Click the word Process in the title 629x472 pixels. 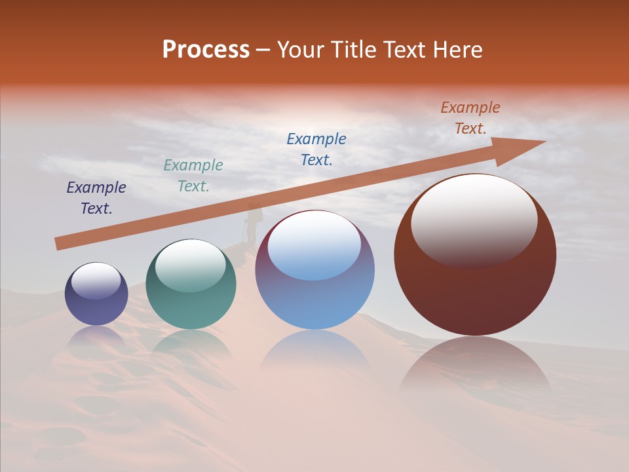coord(206,50)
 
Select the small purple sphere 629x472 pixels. coord(96,294)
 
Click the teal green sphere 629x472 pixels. coord(191,284)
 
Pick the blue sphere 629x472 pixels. coord(314,269)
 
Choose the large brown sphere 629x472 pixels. coord(475,254)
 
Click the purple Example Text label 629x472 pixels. coord(96,198)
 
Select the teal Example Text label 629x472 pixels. coord(193,176)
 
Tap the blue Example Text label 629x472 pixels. coord(316,149)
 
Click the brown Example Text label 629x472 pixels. coord(470,118)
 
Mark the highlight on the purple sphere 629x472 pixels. coord(96,281)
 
